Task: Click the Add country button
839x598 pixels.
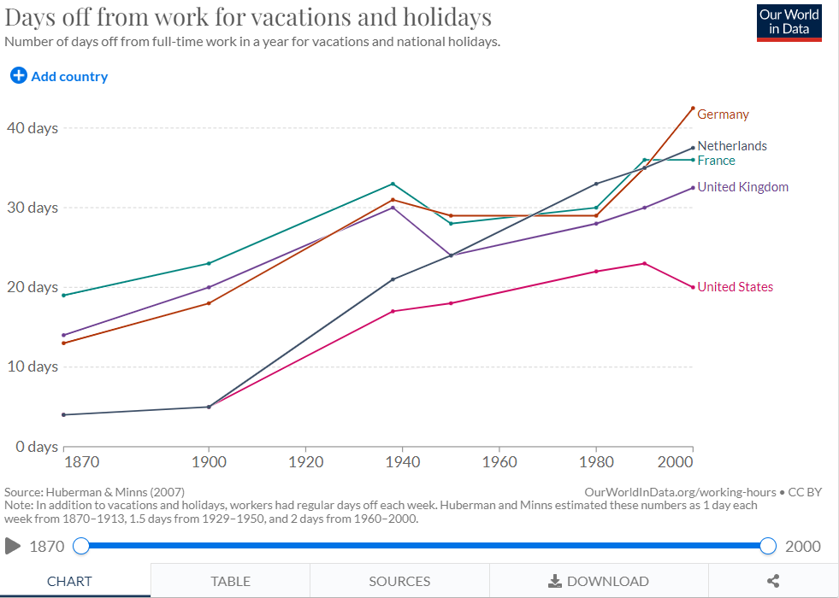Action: (59, 76)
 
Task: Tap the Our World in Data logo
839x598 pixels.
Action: (789, 22)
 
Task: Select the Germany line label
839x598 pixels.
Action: (723, 114)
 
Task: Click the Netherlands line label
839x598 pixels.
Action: (732, 146)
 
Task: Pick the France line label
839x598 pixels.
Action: (716, 161)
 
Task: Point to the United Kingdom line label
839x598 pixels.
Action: (742, 187)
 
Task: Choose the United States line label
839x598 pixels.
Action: (736, 287)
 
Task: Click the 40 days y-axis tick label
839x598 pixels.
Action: (32, 128)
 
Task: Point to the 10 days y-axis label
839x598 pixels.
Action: (32, 366)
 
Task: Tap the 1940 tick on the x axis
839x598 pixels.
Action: (402, 461)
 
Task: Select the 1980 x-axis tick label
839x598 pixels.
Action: (596, 461)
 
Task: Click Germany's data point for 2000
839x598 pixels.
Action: (693, 108)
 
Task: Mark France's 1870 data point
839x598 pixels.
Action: (63, 295)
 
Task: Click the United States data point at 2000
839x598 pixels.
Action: (693, 287)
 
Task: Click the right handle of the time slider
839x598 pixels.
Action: (768, 546)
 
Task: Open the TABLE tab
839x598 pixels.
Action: (231, 581)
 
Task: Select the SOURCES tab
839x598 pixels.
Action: (399, 581)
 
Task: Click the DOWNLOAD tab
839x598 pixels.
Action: (599, 581)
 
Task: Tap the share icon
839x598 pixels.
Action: (773, 581)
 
